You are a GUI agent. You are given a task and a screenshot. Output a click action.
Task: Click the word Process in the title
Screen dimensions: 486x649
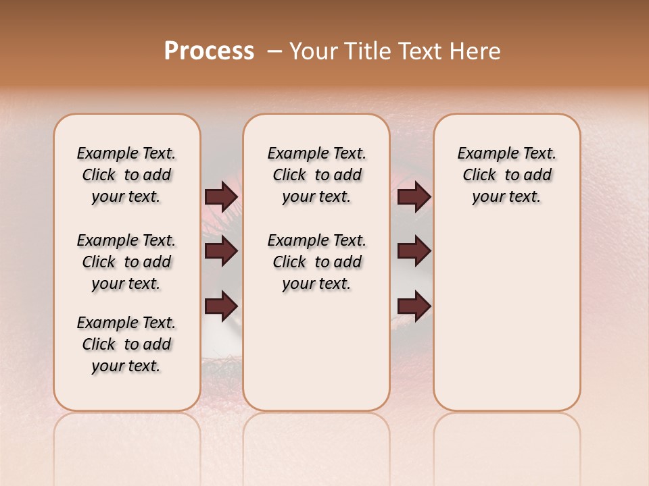click(209, 51)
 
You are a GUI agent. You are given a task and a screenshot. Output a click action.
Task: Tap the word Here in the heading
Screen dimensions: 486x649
click(477, 51)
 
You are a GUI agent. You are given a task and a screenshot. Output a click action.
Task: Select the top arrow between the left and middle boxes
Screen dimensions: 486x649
click(221, 196)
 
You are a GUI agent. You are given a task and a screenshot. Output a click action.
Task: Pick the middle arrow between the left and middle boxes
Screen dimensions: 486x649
click(221, 251)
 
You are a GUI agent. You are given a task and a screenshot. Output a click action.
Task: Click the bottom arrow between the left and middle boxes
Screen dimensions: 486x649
click(221, 306)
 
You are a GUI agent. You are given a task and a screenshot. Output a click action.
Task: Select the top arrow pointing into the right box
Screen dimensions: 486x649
click(414, 196)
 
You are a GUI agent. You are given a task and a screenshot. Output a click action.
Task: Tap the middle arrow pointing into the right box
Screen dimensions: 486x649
click(414, 251)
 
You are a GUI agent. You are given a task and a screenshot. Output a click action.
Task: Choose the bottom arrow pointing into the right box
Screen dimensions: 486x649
click(414, 306)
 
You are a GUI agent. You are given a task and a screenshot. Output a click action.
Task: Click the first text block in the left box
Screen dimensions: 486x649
click(126, 175)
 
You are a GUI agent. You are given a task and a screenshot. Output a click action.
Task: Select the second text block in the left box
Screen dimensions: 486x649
click(126, 262)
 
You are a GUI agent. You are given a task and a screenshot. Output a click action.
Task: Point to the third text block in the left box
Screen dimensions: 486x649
click(126, 344)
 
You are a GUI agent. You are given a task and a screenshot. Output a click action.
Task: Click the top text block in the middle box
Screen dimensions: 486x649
click(316, 175)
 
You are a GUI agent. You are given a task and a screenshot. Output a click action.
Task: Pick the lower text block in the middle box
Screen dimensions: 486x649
click(316, 262)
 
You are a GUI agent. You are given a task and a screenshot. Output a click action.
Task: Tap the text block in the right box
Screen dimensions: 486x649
click(506, 175)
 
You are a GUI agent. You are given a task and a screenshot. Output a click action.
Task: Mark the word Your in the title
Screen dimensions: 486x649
click(314, 51)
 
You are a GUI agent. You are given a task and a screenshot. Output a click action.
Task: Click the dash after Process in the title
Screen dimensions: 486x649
click(274, 51)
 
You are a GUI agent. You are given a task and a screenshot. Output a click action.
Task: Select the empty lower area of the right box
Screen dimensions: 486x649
click(506, 317)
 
